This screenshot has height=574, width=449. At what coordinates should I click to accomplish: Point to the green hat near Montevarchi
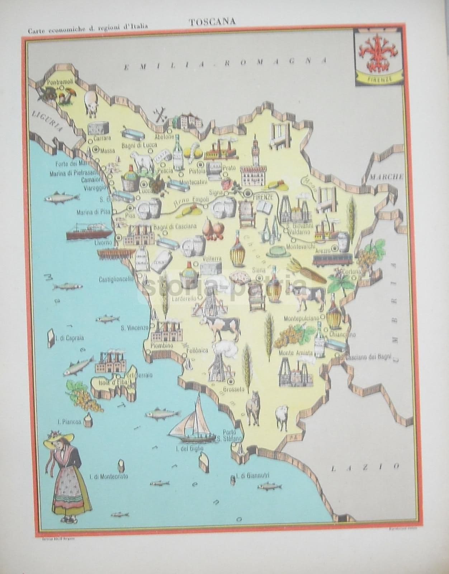click(x=278, y=250)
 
